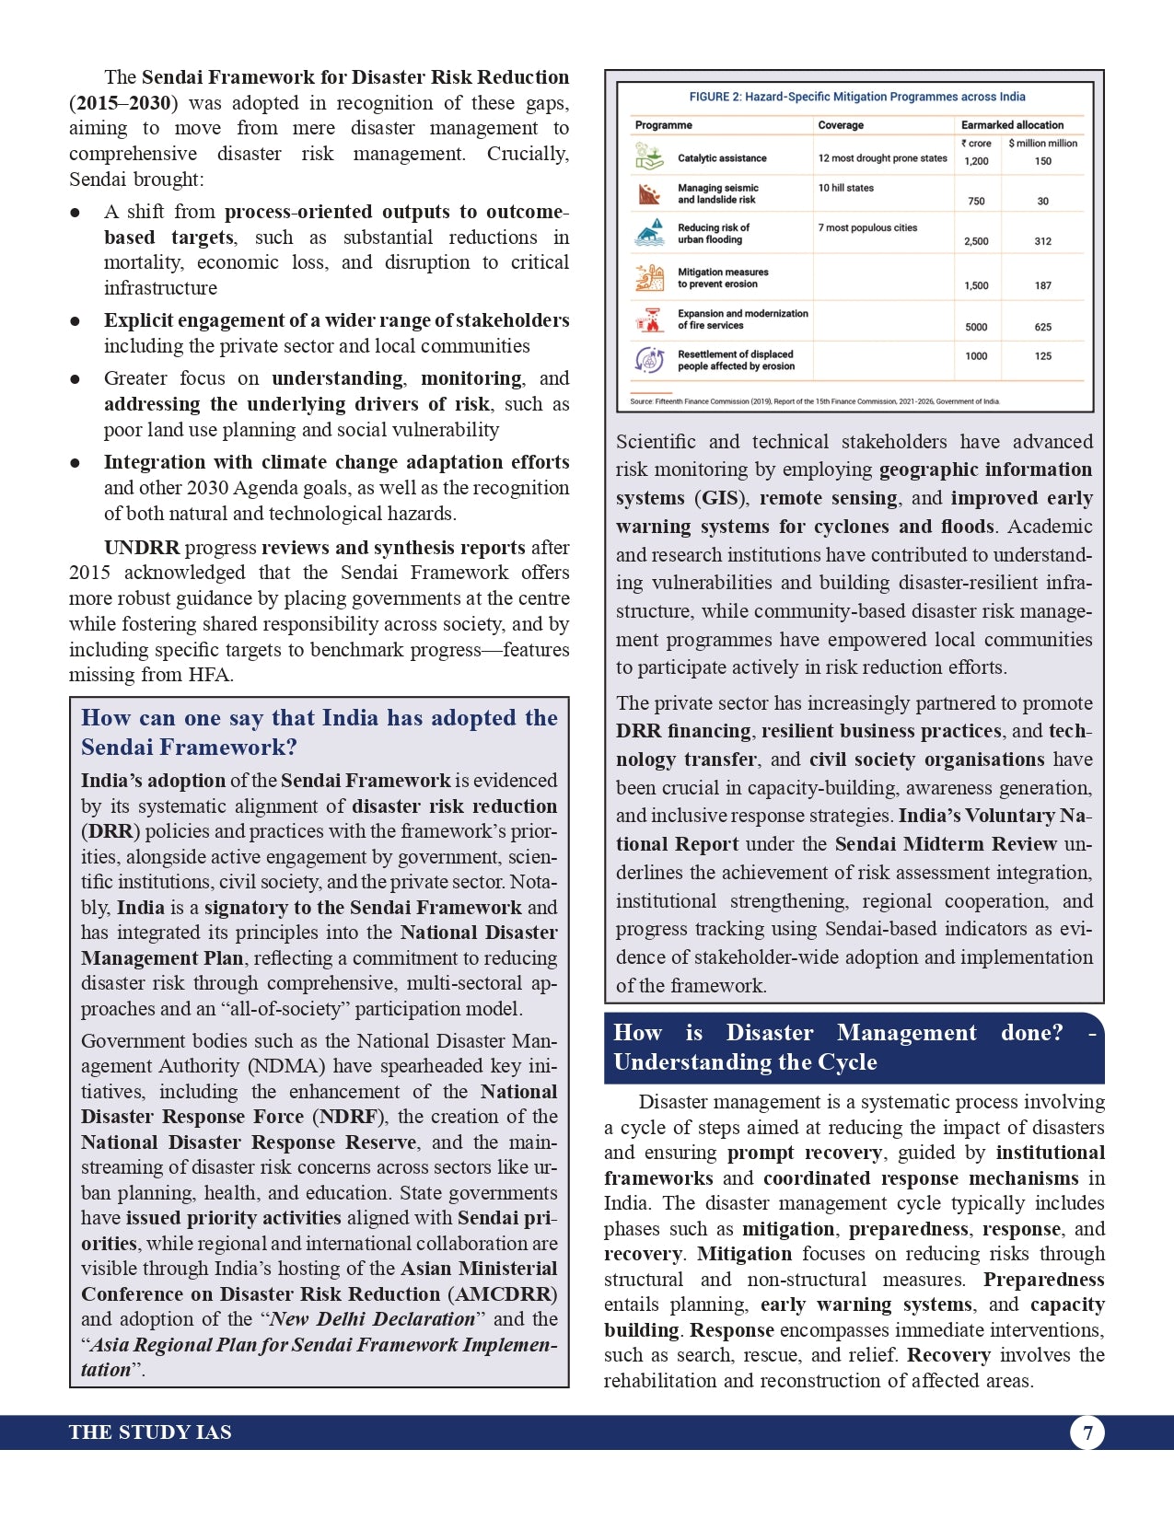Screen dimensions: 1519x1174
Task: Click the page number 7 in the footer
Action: pos(1087,1432)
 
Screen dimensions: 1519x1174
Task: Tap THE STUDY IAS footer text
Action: pos(150,1432)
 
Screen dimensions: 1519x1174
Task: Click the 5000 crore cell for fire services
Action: pos(976,327)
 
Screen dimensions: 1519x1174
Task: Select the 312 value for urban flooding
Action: pos(1042,241)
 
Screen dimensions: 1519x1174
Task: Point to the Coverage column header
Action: pos(841,125)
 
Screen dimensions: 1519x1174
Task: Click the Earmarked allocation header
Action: pos(1012,125)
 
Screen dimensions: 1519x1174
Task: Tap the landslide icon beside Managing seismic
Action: pos(650,194)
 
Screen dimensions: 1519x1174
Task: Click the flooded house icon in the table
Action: pos(650,232)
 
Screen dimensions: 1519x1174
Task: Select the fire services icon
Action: pos(650,319)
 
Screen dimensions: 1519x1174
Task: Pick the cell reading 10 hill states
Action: pos(846,188)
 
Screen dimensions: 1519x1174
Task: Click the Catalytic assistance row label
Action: pos(722,158)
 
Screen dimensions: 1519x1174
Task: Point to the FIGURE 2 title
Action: pos(856,97)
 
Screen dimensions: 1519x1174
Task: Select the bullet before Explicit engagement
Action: pos(76,321)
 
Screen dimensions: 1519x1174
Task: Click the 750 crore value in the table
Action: pos(976,201)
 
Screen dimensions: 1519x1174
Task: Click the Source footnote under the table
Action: pos(814,401)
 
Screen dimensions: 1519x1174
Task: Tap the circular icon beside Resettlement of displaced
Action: pos(650,360)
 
